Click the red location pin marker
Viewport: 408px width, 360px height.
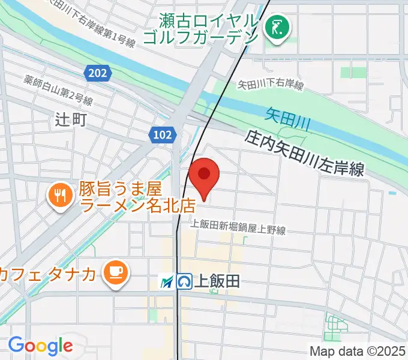tap(204, 175)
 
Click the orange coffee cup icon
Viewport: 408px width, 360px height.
tap(114, 274)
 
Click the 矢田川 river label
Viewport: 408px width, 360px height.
tap(287, 118)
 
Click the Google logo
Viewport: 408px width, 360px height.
tap(40, 346)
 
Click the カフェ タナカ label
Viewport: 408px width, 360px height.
tap(48, 274)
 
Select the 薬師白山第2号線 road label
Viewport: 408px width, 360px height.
tap(58, 89)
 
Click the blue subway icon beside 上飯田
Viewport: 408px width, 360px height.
tap(184, 281)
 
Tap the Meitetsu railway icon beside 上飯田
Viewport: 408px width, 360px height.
tap(167, 281)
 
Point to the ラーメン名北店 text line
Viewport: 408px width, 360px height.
tap(137, 206)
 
